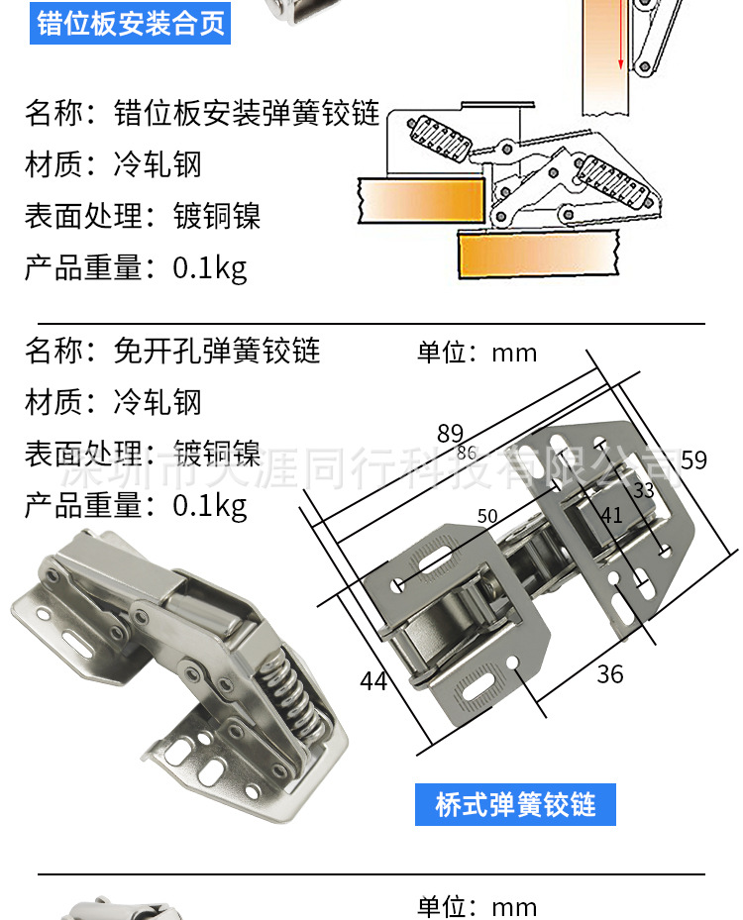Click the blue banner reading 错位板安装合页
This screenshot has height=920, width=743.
coord(130,23)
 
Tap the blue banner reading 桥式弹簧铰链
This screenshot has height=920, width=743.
coord(515,804)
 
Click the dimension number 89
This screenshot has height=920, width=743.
coord(450,434)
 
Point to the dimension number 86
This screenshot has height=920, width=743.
coord(467,453)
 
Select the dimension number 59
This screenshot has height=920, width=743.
coord(693,460)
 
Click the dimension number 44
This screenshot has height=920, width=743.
coord(373,681)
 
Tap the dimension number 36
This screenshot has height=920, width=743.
coord(610,674)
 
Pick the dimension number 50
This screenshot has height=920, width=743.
coord(487,516)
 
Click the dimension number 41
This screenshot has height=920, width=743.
coord(611,515)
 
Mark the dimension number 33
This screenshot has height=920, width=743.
coord(644,490)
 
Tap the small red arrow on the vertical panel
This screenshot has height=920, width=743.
coord(620,36)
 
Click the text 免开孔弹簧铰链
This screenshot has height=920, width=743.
coord(217,351)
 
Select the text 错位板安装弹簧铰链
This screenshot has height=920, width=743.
coord(247,113)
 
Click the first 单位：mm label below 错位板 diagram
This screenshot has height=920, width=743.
coord(478,353)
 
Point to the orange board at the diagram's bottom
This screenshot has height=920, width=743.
coord(539,253)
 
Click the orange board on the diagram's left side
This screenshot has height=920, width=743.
coord(421,200)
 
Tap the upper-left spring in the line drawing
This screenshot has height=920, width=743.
coord(439,138)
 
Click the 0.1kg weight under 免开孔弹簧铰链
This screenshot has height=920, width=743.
coord(209,506)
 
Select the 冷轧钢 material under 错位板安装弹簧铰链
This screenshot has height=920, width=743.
coord(158,164)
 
